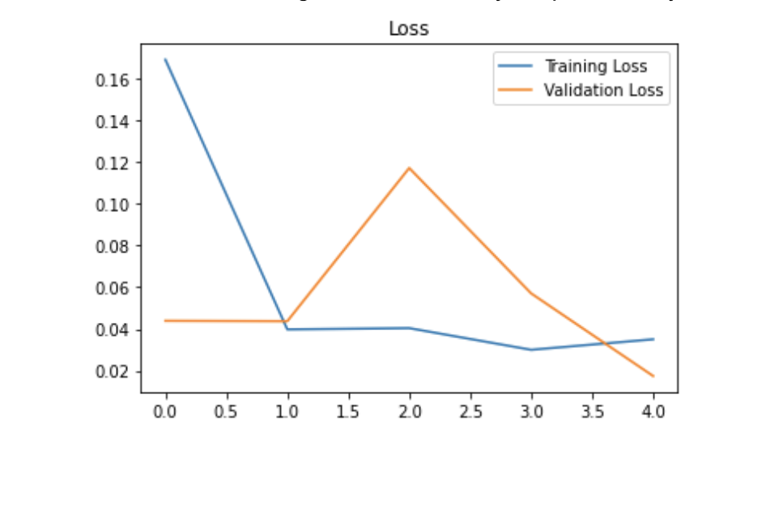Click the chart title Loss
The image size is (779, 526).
pos(408,29)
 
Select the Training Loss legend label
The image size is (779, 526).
pos(596,66)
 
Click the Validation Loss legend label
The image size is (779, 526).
pos(603,90)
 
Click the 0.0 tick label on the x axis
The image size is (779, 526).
pos(166,411)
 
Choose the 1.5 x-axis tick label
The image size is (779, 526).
pos(348,411)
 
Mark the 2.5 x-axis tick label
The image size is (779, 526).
pos(470,411)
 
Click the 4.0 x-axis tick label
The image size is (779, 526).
pos(653,411)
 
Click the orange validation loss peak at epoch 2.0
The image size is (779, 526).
pos(410,168)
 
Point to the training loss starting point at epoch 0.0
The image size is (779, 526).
pos(166,60)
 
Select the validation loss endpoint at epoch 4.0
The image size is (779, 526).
pos(653,376)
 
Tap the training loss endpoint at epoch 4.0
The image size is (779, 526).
pos(653,339)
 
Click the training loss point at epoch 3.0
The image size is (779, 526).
pos(531,350)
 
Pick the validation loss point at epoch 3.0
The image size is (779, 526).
pos(531,293)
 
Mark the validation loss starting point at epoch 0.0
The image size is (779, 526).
pos(166,320)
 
